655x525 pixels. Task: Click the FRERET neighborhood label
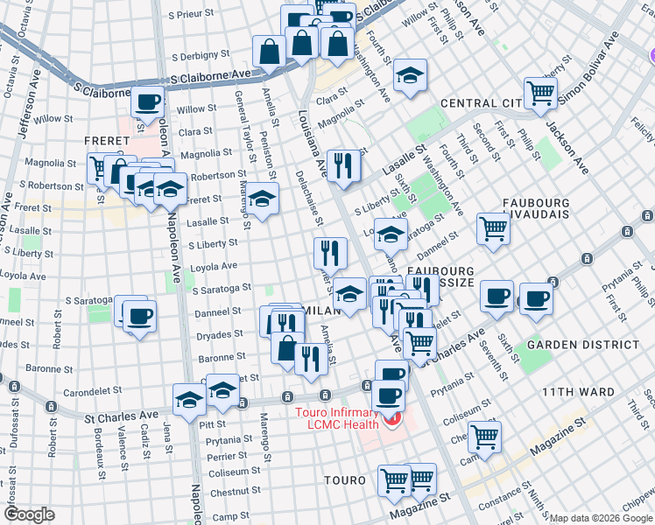[x=107, y=141]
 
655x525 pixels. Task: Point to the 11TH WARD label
[x=578, y=391]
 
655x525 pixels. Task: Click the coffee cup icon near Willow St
[x=148, y=101]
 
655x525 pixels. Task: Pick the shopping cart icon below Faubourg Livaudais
[x=494, y=229]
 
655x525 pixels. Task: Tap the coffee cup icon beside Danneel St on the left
[x=138, y=315]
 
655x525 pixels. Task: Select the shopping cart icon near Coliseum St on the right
[x=484, y=436]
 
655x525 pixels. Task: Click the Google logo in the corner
[x=29, y=514]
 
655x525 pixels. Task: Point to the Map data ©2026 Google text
[x=601, y=518]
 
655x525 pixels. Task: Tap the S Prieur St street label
[x=189, y=14]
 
